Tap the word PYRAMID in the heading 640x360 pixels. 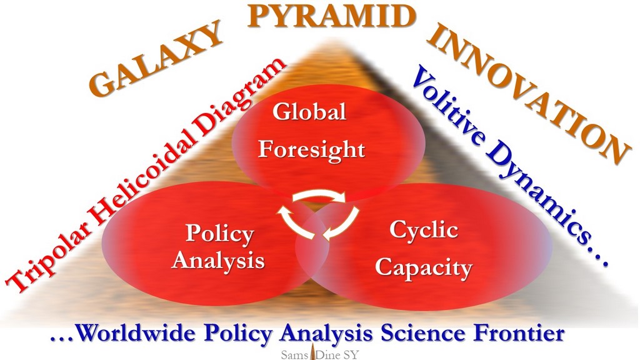point(331,16)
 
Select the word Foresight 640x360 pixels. point(311,150)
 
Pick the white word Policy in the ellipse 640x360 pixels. point(219,234)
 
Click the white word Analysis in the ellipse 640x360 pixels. point(218,260)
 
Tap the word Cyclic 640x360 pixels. point(423,230)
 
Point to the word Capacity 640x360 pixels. point(423,269)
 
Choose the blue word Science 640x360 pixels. point(423,334)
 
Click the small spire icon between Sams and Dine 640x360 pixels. point(313,351)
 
